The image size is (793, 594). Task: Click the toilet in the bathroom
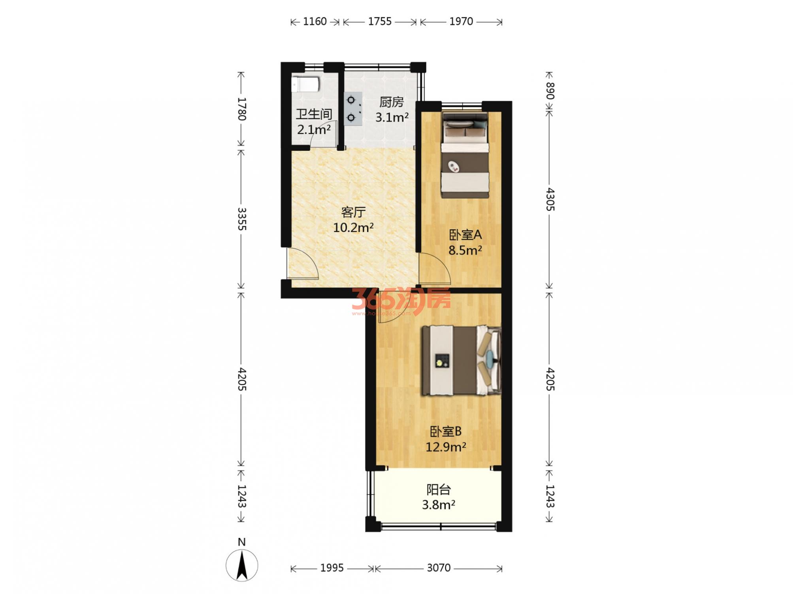tap(305, 84)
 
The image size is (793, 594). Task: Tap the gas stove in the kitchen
tap(352, 109)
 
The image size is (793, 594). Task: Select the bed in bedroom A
tap(465, 155)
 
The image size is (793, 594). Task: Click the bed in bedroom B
tap(461, 360)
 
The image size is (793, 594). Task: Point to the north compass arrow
tap(242, 566)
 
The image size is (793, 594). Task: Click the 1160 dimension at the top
tap(315, 21)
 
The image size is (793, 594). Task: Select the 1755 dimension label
tap(380, 21)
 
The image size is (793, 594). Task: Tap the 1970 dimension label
tap(461, 21)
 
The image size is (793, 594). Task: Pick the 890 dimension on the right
tap(550, 91)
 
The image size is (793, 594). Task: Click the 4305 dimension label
tap(550, 200)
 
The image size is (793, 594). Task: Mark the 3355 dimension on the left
tap(242, 219)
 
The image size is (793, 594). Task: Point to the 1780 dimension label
tap(242, 109)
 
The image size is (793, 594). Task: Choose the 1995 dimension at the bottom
tap(332, 568)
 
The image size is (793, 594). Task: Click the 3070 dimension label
tap(439, 568)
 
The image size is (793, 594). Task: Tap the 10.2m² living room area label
tap(353, 228)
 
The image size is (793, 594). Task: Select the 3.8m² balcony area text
tap(439, 505)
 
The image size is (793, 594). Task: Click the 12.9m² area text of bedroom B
tap(446, 447)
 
